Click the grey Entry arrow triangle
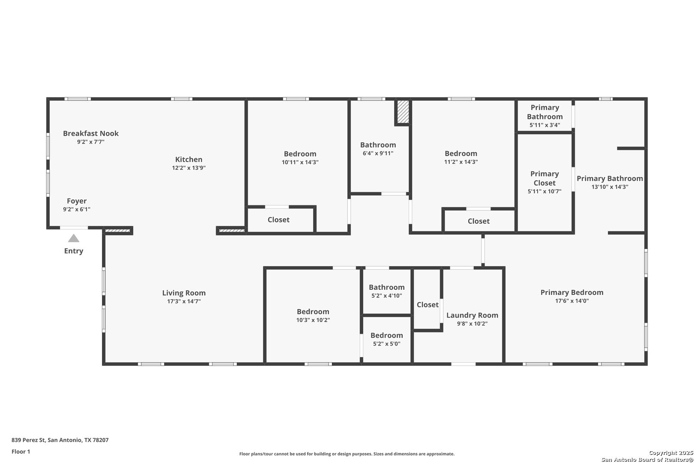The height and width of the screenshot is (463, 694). tap(74, 238)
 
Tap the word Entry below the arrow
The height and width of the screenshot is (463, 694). tap(74, 251)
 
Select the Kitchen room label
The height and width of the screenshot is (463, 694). tap(188, 159)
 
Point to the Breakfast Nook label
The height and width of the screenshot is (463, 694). tap(91, 133)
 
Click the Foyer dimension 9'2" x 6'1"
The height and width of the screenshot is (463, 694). tap(77, 209)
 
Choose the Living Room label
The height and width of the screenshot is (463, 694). tap(184, 293)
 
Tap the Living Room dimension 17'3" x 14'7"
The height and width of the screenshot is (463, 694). tap(184, 301)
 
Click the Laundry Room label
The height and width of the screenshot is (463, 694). tap(472, 316)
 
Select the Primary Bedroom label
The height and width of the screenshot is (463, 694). tap(572, 292)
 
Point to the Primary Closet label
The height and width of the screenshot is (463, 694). tap(544, 178)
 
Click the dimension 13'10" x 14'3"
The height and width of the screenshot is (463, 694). tap(610, 187)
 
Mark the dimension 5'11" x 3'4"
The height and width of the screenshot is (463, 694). tap(545, 125)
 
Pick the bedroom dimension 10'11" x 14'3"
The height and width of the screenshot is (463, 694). tap(300, 162)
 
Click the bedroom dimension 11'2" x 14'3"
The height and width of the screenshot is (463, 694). tap(461, 162)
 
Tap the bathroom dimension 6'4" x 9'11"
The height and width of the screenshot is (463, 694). tap(378, 153)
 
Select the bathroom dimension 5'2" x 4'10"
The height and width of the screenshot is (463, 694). tap(387, 296)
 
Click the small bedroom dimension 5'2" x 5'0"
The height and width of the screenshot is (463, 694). tap(387, 344)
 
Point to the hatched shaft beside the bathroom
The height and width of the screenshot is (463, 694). tap(403, 111)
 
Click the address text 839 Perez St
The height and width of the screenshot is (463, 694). tap(29, 440)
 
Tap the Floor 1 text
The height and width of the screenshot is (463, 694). tap(21, 452)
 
